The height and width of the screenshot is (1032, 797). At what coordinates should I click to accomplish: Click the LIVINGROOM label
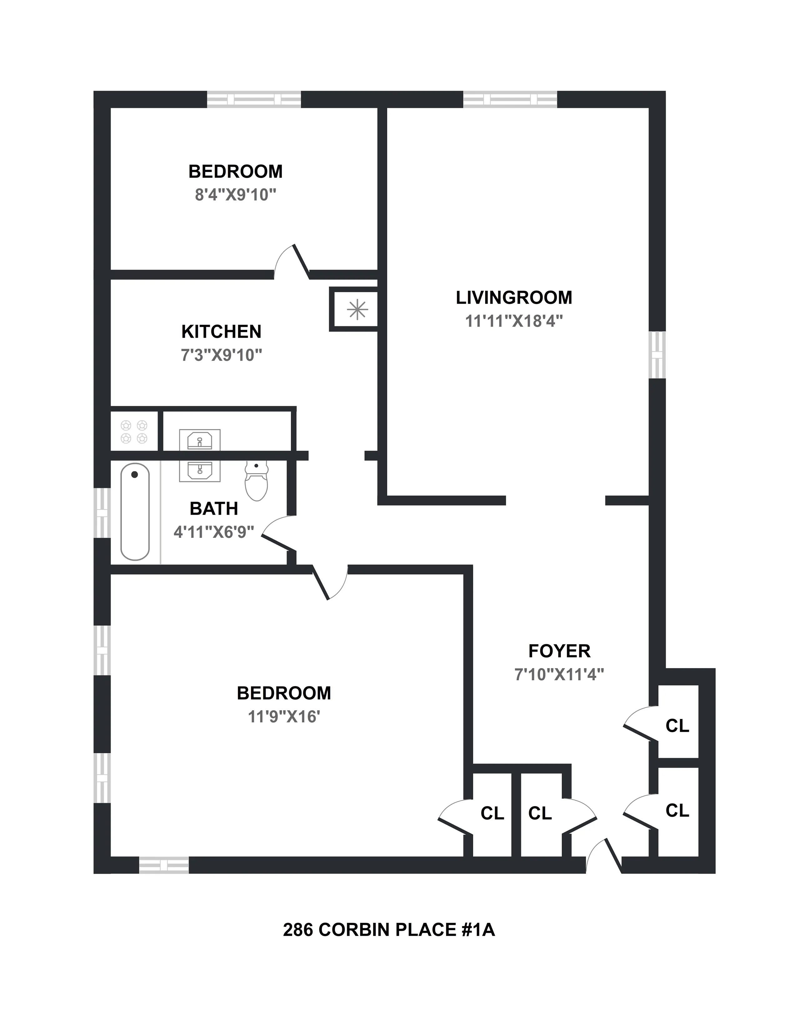(x=514, y=298)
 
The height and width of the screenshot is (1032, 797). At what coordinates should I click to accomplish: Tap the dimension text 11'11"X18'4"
(x=514, y=321)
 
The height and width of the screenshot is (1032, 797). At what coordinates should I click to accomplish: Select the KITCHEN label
(x=221, y=332)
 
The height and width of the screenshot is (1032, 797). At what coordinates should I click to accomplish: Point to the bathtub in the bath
(x=135, y=512)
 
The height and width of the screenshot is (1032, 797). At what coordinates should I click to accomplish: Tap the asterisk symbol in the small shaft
(x=357, y=310)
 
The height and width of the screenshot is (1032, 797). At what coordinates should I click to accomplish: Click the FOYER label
(x=559, y=651)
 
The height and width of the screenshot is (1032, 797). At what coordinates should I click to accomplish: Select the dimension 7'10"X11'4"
(x=559, y=674)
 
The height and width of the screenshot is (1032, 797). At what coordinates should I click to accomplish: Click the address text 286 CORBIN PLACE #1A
(x=388, y=929)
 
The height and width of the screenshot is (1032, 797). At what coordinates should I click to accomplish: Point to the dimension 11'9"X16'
(x=284, y=717)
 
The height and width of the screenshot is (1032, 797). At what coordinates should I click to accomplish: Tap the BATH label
(x=213, y=509)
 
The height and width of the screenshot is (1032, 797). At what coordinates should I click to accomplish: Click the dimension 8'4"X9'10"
(x=235, y=195)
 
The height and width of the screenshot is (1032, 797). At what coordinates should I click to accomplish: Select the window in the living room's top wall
(x=510, y=99)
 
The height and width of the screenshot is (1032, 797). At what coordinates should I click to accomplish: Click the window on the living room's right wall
(x=657, y=355)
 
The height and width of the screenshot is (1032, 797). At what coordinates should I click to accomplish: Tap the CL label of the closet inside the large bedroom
(x=492, y=813)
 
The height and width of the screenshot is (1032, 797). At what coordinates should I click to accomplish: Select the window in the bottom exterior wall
(x=164, y=865)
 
